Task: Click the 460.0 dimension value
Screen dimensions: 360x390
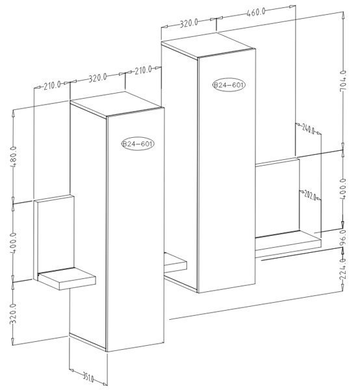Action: point(256,12)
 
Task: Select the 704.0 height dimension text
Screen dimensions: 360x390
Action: point(343,81)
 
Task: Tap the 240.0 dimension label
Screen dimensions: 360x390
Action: point(308,129)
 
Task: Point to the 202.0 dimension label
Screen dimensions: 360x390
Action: point(310,196)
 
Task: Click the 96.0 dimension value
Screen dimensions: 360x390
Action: point(342,238)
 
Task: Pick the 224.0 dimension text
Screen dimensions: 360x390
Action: point(342,269)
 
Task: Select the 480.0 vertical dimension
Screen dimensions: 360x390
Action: point(14,157)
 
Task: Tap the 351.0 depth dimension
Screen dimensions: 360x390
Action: point(88,378)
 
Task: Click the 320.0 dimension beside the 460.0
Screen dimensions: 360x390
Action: point(188,23)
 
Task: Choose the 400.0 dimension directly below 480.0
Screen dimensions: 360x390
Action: point(14,243)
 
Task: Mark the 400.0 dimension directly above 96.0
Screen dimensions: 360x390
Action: point(343,188)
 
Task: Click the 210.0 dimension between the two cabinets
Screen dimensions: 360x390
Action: point(143,70)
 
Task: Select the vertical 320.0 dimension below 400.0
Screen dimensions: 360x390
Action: point(13,314)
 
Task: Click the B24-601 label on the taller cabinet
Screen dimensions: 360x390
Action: point(229,85)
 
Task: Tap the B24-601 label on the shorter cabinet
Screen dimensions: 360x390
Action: point(138,144)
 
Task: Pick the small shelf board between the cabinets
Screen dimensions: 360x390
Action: point(175,263)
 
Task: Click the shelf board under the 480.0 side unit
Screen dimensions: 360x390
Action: point(67,279)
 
